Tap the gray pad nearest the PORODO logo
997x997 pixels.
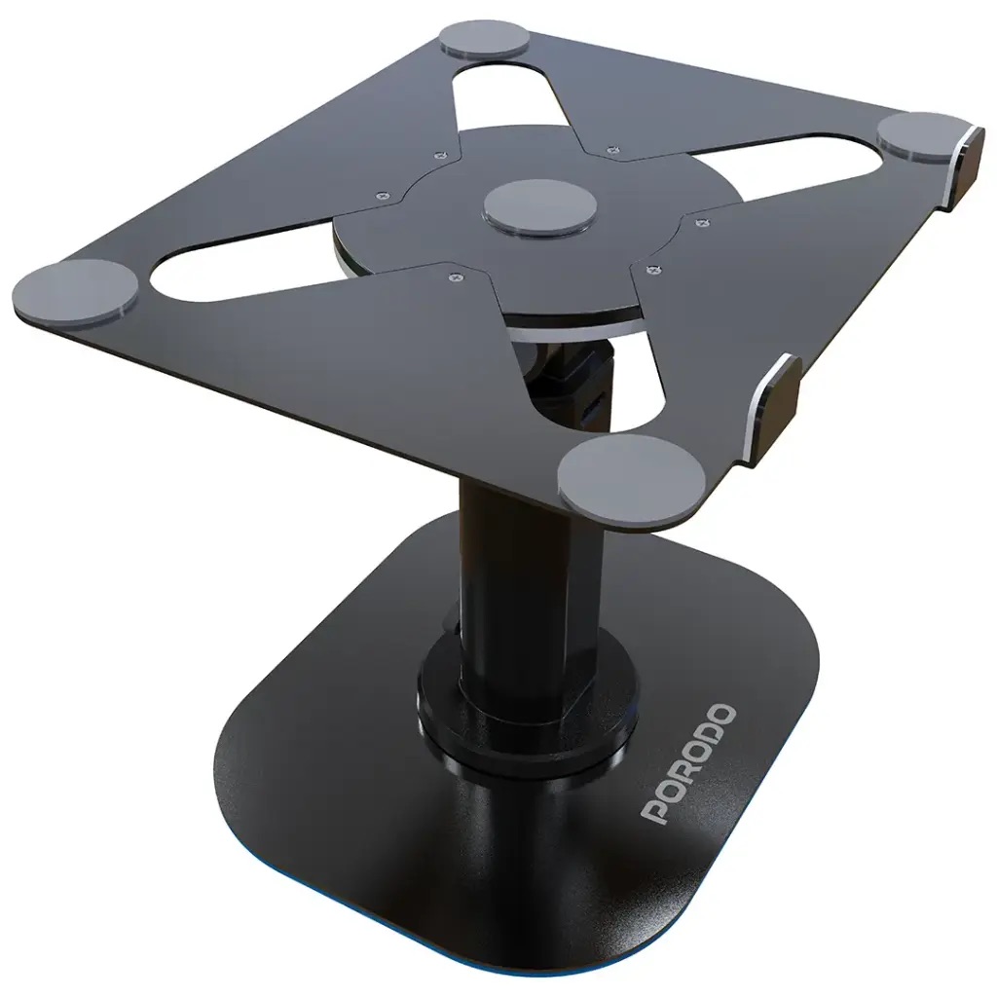coord(631,474)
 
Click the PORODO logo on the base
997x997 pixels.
coord(688,765)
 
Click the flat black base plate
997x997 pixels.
coord(389,828)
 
